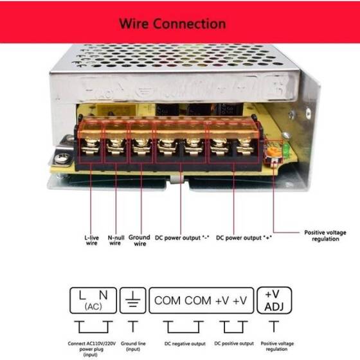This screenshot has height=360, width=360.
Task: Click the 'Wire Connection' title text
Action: point(172,24)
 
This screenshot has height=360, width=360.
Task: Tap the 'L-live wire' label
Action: point(91,240)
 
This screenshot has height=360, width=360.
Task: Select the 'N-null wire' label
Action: point(115,240)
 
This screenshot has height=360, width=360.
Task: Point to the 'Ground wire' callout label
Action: point(139,240)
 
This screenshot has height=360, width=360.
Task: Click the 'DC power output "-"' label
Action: point(182,237)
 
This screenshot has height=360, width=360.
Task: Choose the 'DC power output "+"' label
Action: point(242,237)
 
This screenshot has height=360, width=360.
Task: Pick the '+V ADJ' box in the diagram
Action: point(274,300)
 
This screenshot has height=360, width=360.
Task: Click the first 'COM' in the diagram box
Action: point(167,300)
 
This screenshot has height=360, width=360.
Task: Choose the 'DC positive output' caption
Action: point(230,343)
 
